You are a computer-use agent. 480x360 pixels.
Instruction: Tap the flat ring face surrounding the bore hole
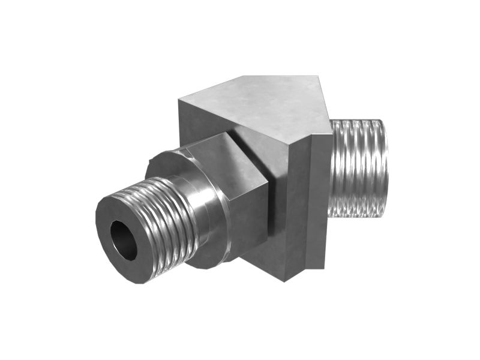108,219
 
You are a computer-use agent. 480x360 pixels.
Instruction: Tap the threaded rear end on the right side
359,168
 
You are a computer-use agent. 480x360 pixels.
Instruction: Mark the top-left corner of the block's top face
179,98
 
